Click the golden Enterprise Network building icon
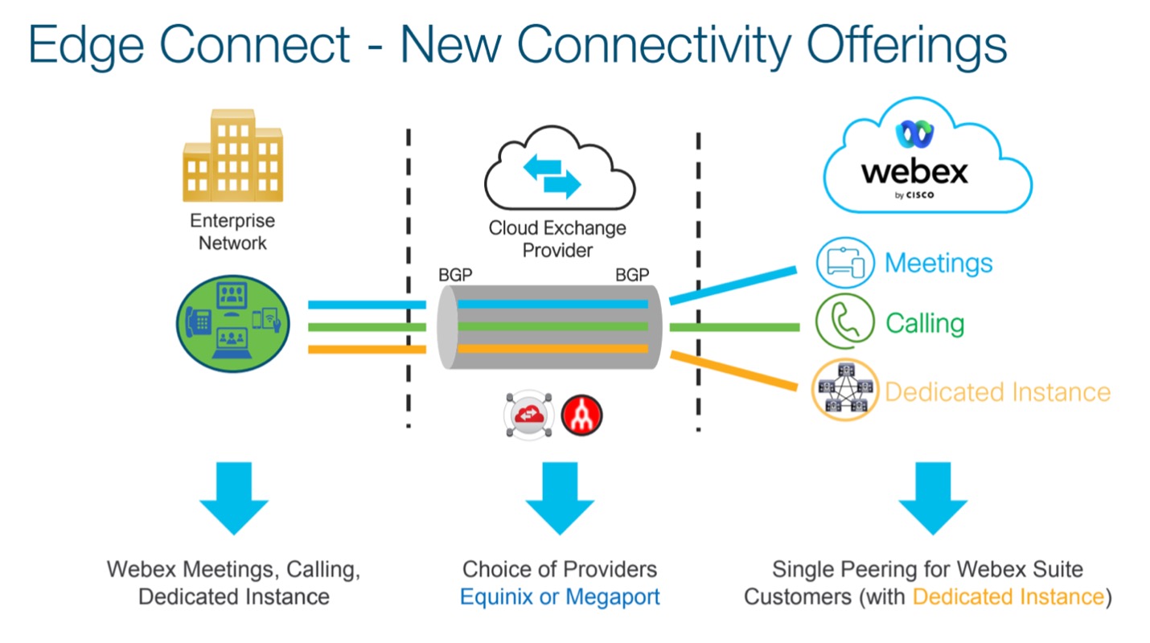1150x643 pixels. pyautogui.click(x=232, y=155)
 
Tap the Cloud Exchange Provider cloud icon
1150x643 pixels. pyautogui.click(x=560, y=168)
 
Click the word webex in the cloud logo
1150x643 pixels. pyautogui.click(x=914, y=173)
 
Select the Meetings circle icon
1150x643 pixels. pyautogui.click(x=845, y=262)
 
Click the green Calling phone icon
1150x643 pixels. pyautogui.click(x=845, y=321)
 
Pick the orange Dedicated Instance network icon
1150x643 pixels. pyautogui.click(x=845, y=390)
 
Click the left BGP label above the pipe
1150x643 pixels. pyautogui.click(x=455, y=275)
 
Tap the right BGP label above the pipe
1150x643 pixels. pyautogui.click(x=632, y=275)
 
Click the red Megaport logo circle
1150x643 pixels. pyautogui.click(x=581, y=416)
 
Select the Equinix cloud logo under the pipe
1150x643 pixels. pyautogui.click(x=529, y=415)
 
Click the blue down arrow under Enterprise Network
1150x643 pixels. pyautogui.click(x=234, y=498)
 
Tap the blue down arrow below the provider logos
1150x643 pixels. pyautogui.click(x=560, y=498)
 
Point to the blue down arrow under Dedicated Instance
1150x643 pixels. pyautogui.click(x=933, y=498)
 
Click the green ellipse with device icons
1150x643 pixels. pyautogui.click(x=232, y=323)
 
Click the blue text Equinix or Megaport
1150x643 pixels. pyautogui.click(x=560, y=597)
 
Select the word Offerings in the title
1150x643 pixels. pyautogui.click(x=906, y=45)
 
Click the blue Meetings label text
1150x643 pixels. pyautogui.click(x=938, y=264)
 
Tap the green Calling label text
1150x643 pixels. pyautogui.click(x=925, y=324)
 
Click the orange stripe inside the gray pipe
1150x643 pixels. pyautogui.click(x=552, y=349)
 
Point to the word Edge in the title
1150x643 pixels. pyautogui.click(x=86, y=45)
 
